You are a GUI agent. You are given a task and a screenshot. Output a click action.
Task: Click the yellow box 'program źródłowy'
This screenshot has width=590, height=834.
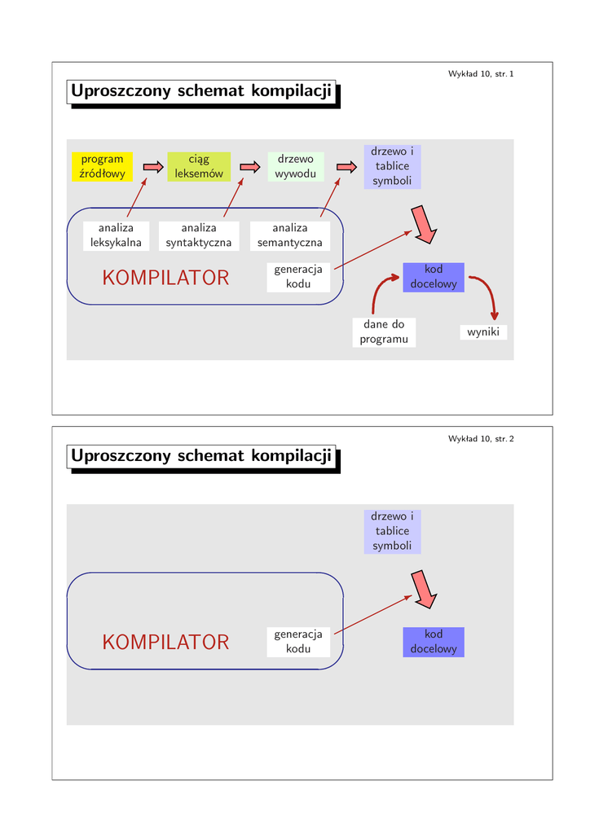102,167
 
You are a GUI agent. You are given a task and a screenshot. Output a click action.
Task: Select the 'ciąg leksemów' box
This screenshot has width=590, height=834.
199,167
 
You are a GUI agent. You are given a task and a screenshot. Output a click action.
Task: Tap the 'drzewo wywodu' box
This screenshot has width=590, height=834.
295,167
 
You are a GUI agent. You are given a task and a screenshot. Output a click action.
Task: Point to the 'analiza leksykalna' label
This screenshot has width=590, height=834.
116,235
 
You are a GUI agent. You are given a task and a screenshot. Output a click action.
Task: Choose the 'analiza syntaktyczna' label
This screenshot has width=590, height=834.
199,235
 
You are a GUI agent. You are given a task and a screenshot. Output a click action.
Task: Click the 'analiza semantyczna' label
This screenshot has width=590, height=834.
290,235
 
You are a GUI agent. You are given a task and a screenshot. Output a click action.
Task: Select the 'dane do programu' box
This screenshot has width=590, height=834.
384,331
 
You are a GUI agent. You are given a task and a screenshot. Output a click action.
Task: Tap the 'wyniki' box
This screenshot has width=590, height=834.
483,332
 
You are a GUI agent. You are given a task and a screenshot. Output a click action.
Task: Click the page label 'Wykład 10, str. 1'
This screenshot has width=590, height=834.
481,74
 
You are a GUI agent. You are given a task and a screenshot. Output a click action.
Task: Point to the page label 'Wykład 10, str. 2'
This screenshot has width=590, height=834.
481,439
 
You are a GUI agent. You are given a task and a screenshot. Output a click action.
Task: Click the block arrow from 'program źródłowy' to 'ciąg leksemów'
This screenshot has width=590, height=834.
153,167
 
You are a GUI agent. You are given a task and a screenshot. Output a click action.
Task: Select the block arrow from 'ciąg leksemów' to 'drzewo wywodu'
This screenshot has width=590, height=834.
249,167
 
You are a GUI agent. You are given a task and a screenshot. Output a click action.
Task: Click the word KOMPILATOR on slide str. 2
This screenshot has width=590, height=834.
165,643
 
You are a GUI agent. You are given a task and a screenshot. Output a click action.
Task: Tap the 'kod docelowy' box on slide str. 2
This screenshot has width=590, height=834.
434,642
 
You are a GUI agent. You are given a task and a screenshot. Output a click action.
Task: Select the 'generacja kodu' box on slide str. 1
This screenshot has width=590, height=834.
298,277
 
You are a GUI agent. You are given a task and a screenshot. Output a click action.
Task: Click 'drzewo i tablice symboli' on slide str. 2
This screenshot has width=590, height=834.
392,531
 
